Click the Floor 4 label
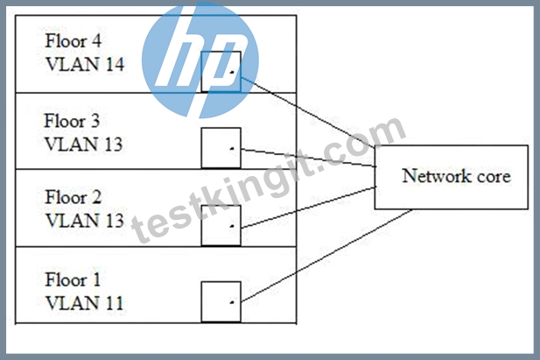tap(74, 40)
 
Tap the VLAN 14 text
tap(85, 64)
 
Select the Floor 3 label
tap(72, 121)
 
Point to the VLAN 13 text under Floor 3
tap(84, 145)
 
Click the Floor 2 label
tap(74, 197)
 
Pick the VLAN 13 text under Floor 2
tap(85, 221)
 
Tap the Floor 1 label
tap(73, 279)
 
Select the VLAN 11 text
tap(84, 303)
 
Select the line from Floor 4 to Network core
tap(308, 112)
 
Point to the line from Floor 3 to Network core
tap(308, 158)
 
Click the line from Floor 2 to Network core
tap(308, 208)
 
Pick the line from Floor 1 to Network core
tap(326, 256)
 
